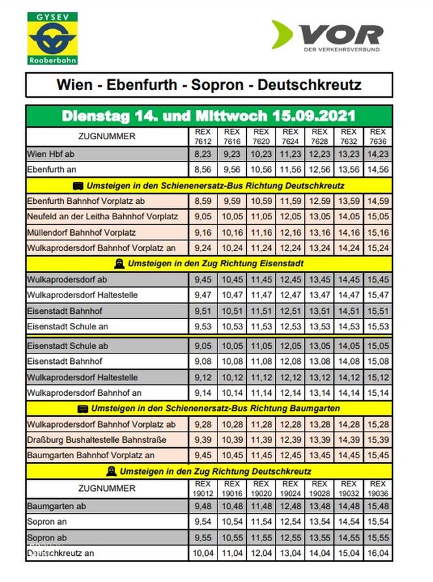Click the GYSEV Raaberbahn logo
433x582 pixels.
pos(53,38)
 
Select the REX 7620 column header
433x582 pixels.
pos(260,136)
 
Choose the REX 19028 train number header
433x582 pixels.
pos(319,488)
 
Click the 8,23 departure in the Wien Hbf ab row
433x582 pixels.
pos(203,154)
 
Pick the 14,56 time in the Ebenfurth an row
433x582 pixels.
pos(378,170)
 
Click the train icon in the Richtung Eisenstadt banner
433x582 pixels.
pos(119,264)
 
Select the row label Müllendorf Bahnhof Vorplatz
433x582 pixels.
pos(81,232)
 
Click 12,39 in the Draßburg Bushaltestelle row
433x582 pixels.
pos(290,439)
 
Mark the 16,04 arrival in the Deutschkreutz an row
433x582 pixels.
pos(378,553)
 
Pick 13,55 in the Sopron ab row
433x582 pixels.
pos(319,538)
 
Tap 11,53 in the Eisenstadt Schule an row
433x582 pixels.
pos(261,326)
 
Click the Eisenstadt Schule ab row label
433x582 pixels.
pos(68,346)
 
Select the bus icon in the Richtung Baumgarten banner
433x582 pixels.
pos(83,408)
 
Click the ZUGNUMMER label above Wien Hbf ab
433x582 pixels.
pos(107,136)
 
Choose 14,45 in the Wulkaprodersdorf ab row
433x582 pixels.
pos(348,279)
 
